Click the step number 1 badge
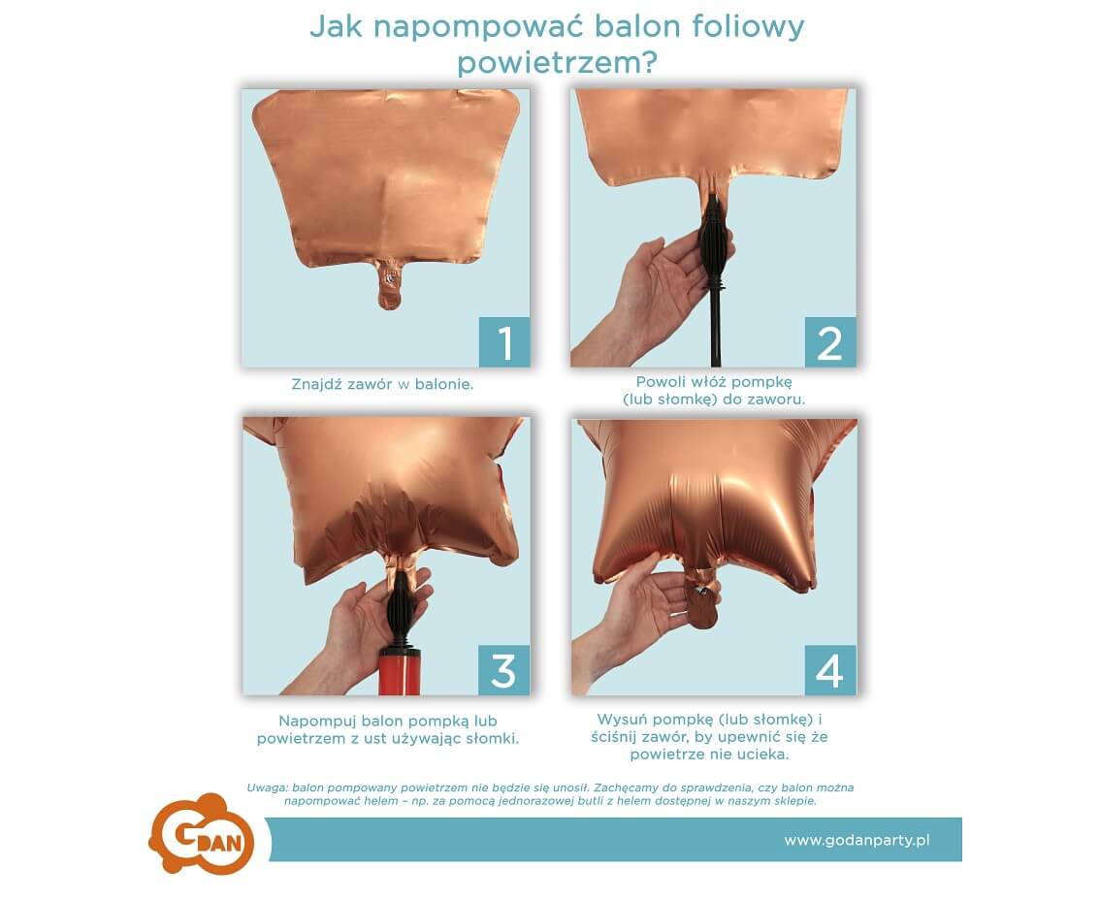pyautogui.click(x=504, y=341)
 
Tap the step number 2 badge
pyautogui.click(x=830, y=341)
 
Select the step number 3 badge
pyautogui.click(x=503, y=670)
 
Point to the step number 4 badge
pyautogui.click(x=830, y=670)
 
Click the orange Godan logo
pyautogui.click(x=202, y=834)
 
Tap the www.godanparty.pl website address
pyautogui.click(x=857, y=840)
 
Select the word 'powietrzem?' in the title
pyautogui.click(x=557, y=63)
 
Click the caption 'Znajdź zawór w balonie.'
pyautogui.click(x=382, y=384)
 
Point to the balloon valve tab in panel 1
pyautogui.click(x=389, y=283)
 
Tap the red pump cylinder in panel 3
pyautogui.click(x=400, y=672)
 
